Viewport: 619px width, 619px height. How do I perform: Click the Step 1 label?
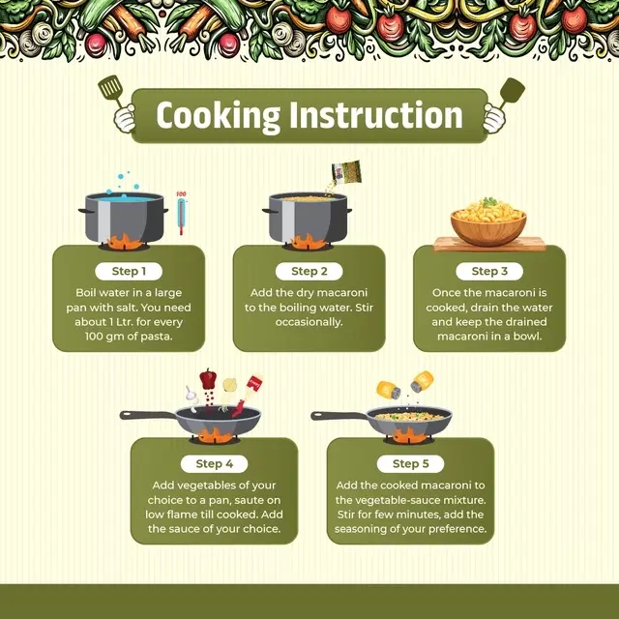129,271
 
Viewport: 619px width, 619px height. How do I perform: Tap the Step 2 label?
309,271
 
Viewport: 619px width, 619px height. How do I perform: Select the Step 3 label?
489,271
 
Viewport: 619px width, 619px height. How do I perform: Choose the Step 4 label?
215,464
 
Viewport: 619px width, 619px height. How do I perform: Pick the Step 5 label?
410,464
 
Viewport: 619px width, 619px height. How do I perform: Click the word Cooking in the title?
218,116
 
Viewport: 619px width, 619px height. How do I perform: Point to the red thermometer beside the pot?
181,213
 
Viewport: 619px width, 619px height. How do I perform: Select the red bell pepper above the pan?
208,379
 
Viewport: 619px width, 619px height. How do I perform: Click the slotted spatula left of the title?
111,90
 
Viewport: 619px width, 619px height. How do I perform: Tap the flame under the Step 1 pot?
125,242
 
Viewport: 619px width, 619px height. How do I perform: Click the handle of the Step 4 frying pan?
148,415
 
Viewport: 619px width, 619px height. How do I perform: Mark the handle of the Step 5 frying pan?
339,416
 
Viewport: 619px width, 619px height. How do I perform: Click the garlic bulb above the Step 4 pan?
191,394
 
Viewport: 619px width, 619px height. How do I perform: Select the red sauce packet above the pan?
254,383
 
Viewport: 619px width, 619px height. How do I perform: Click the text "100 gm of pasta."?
129,337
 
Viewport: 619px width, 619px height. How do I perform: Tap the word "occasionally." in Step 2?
309,322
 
